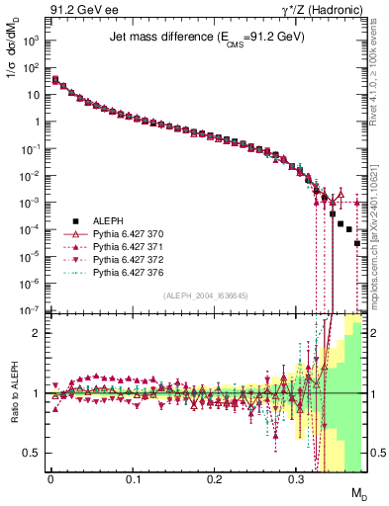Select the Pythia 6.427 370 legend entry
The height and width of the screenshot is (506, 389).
(128, 233)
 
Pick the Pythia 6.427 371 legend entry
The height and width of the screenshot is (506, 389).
(128, 246)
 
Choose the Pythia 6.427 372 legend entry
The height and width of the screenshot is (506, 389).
(128, 259)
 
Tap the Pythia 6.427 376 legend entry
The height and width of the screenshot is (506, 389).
(128, 272)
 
